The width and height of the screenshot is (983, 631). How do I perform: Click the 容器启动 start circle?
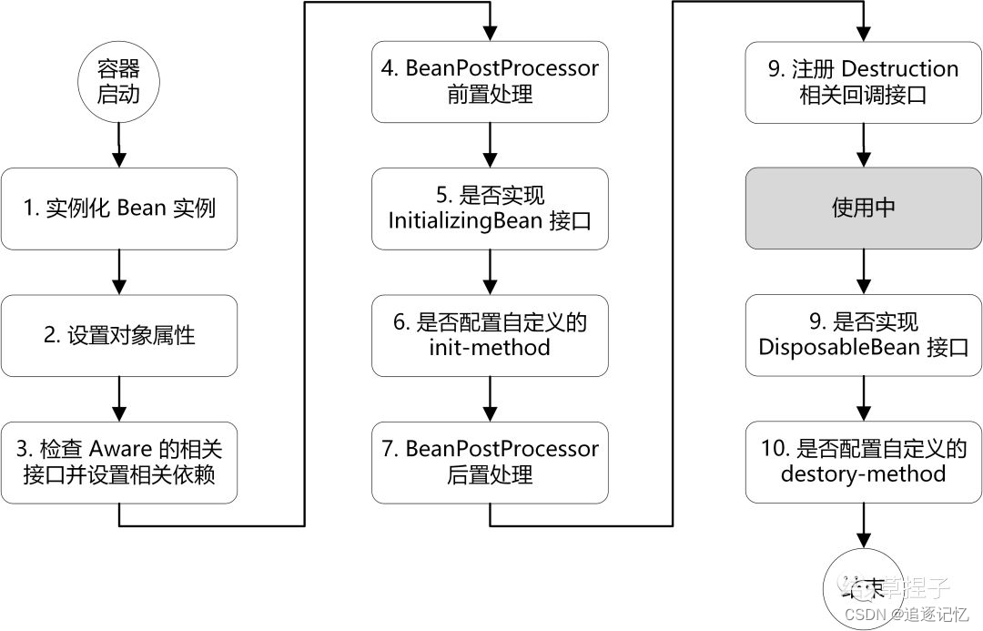[x=118, y=81]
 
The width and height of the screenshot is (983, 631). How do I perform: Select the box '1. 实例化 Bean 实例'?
[x=119, y=209]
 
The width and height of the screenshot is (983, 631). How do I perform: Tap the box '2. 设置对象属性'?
[x=119, y=336]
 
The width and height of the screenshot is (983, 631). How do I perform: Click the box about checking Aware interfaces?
[x=119, y=462]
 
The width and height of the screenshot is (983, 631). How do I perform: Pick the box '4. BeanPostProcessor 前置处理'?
[x=490, y=81]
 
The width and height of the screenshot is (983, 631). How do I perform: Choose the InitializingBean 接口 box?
[x=490, y=209]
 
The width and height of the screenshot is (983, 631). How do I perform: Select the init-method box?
[x=490, y=335]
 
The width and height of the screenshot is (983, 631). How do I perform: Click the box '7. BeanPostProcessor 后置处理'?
[x=490, y=462]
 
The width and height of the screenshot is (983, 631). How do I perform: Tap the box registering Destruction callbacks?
[x=863, y=81]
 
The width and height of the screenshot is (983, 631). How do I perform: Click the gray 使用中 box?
[x=863, y=209]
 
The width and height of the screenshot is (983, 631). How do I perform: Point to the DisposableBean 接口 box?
[x=863, y=335]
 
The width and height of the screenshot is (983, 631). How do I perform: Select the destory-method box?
[x=863, y=462]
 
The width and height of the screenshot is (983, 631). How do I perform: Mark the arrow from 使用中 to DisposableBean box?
[x=863, y=271]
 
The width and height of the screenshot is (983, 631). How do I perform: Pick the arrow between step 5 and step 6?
[x=490, y=271]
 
